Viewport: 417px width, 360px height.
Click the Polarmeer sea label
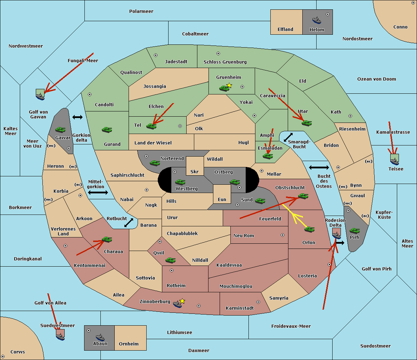(141, 11)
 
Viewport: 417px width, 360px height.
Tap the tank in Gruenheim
(224, 88)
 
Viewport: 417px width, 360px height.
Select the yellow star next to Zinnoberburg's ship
(182, 301)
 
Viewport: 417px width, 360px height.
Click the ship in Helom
(317, 20)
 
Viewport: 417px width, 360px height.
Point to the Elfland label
(285, 30)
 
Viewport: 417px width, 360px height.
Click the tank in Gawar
(60, 129)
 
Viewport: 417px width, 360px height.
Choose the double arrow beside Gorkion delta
(77, 117)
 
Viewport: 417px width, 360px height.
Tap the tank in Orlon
(309, 229)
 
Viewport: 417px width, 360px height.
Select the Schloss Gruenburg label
(225, 62)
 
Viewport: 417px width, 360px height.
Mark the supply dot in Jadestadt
(156, 55)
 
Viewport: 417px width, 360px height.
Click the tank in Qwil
(170, 260)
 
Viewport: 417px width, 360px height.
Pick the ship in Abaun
(100, 337)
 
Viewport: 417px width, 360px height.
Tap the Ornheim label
(129, 344)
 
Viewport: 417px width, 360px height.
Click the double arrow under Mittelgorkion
(98, 193)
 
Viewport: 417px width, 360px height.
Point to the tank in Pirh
(354, 231)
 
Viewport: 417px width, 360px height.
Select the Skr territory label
(194, 172)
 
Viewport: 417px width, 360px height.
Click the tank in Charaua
(107, 240)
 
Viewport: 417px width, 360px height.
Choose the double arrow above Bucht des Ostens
(319, 168)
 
